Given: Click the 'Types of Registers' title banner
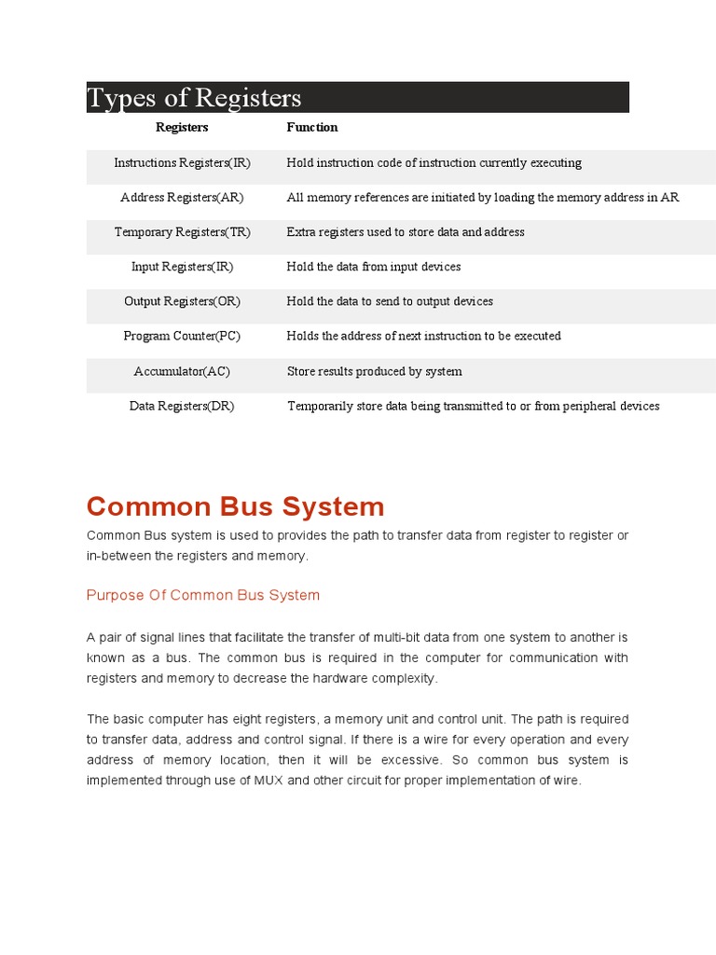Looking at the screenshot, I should tap(357, 97).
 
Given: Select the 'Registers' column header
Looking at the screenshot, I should tap(182, 127).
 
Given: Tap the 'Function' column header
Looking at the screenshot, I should tap(311, 127).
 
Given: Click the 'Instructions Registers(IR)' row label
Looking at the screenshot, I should tap(182, 162).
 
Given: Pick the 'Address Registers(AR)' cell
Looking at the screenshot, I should tap(182, 198).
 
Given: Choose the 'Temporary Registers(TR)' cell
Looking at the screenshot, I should tap(182, 232).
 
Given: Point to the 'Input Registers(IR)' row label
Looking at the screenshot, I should tap(182, 267).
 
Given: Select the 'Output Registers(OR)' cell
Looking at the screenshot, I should tap(182, 301).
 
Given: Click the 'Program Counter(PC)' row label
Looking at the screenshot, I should tap(182, 336).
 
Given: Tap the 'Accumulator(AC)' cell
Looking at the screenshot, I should tap(182, 371).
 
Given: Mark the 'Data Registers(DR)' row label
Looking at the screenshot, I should tap(182, 406).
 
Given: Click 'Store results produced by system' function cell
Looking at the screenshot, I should tap(374, 371).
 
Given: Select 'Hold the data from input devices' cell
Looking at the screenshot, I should tap(373, 267).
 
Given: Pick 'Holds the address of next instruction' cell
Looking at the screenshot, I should tap(423, 336).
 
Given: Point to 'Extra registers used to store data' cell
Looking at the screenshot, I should tap(406, 232).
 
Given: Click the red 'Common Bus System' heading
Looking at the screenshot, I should tap(235, 506).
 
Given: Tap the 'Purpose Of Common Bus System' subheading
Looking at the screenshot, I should tap(202, 595).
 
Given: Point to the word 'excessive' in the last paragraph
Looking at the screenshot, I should tap(411, 760).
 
